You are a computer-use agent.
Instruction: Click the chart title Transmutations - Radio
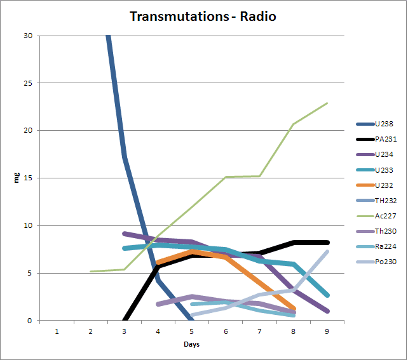click(x=203, y=16)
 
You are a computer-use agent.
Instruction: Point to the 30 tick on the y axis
click(x=28, y=36)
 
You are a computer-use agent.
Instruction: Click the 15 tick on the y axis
click(x=28, y=178)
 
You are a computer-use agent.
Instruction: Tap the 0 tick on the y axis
click(x=30, y=321)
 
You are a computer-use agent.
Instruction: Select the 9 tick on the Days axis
click(x=327, y=331)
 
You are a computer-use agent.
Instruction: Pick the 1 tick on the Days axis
click(x=57, y=331)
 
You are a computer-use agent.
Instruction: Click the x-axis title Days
click(x=191, y=345)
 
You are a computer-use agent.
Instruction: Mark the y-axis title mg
click(x=17, y=178)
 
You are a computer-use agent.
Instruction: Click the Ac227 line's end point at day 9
click(x=327, y=103)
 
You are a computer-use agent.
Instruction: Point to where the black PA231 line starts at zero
click(x=124, y=321)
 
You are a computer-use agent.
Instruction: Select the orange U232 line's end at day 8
click(x=294, y=309)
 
